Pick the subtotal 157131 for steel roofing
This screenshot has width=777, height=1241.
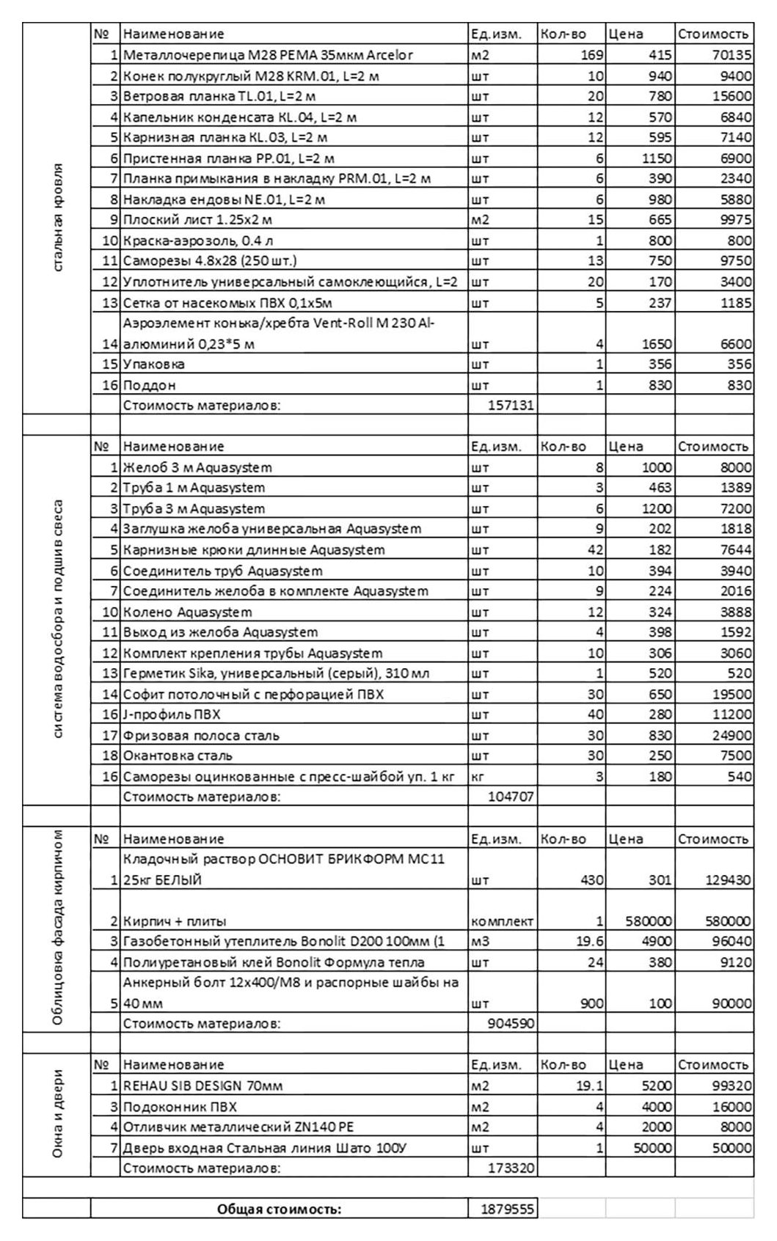(x=511, y=405)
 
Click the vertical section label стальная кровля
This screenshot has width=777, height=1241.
(x=58, y=217)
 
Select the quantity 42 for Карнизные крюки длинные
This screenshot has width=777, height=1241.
(x=594, y=550)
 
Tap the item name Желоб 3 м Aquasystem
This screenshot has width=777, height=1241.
(x=197, y=467)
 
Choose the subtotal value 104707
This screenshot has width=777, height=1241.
(x=511, y=797)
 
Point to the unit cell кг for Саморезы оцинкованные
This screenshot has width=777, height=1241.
(x=477, y=777)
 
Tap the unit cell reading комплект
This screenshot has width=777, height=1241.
(x=502, y=921)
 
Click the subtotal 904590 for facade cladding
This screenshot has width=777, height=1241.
(x=511, y=1023)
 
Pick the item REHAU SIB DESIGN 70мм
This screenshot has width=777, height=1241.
(x=203, y=1086)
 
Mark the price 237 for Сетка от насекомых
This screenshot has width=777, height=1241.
(x=660, y=303)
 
